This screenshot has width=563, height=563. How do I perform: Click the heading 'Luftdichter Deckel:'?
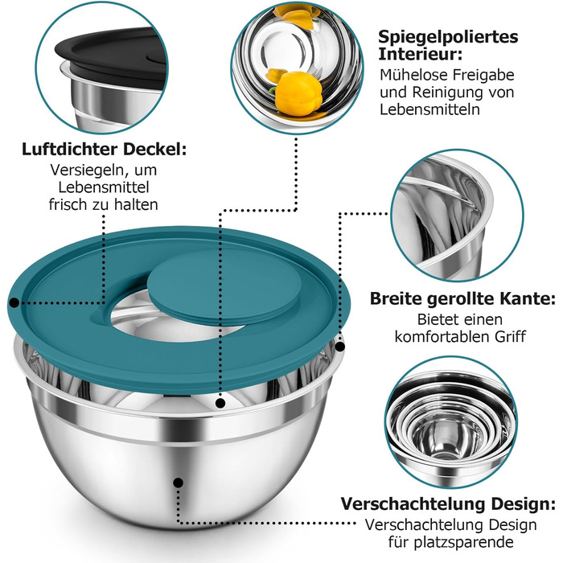click(104, 150)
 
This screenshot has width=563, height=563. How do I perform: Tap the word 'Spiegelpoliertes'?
click(448, 37)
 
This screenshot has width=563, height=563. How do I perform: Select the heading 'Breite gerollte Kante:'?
click(462, 298)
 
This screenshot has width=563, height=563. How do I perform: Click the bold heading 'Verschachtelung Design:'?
click(448, 503)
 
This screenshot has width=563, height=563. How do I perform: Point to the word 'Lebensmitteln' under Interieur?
click(429, 109)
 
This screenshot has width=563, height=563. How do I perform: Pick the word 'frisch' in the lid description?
click(68, 204)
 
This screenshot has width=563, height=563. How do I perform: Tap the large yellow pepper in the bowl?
click(298, 93)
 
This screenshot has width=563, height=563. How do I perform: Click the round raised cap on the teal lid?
click(224, 286)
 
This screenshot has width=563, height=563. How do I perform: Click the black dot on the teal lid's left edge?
click(14, 302)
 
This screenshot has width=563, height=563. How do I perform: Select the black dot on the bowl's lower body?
click(178, 483)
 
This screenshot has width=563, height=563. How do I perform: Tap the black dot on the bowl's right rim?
click(339, 347)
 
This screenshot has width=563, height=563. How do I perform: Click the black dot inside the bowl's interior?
click(220, 403)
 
